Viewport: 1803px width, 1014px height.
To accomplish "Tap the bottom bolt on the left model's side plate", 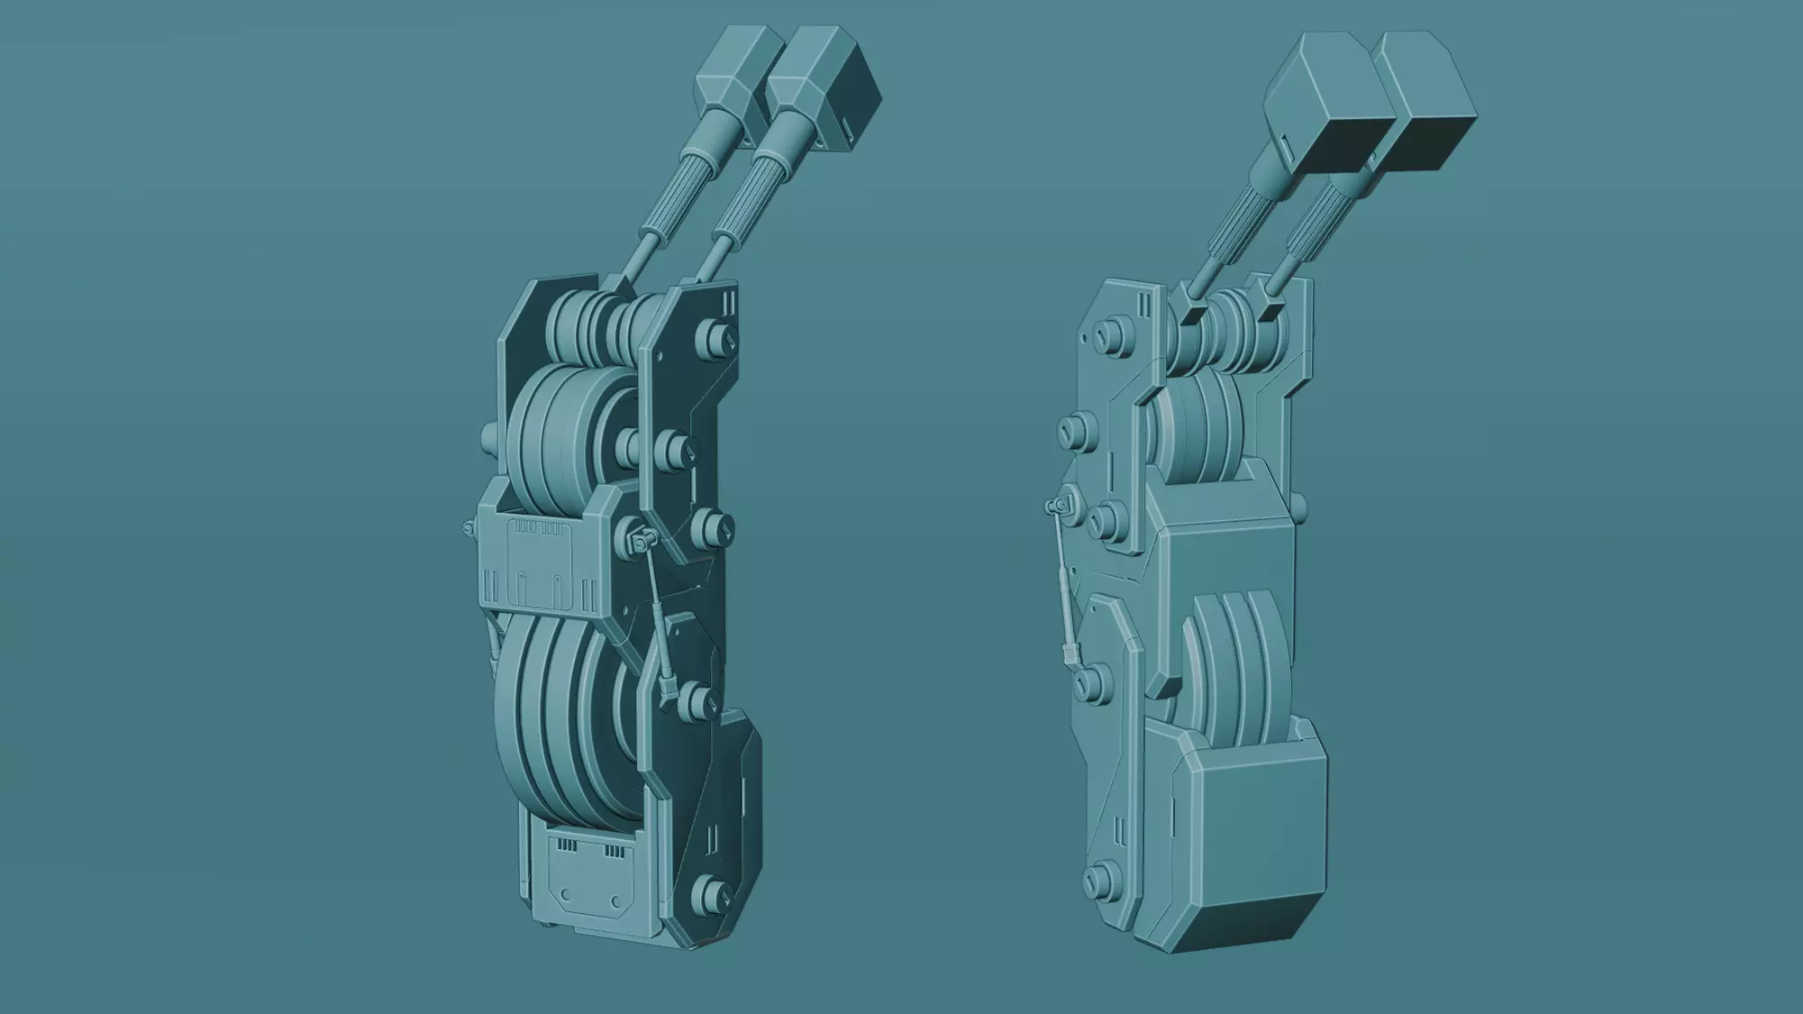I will (x=714, y=892).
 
